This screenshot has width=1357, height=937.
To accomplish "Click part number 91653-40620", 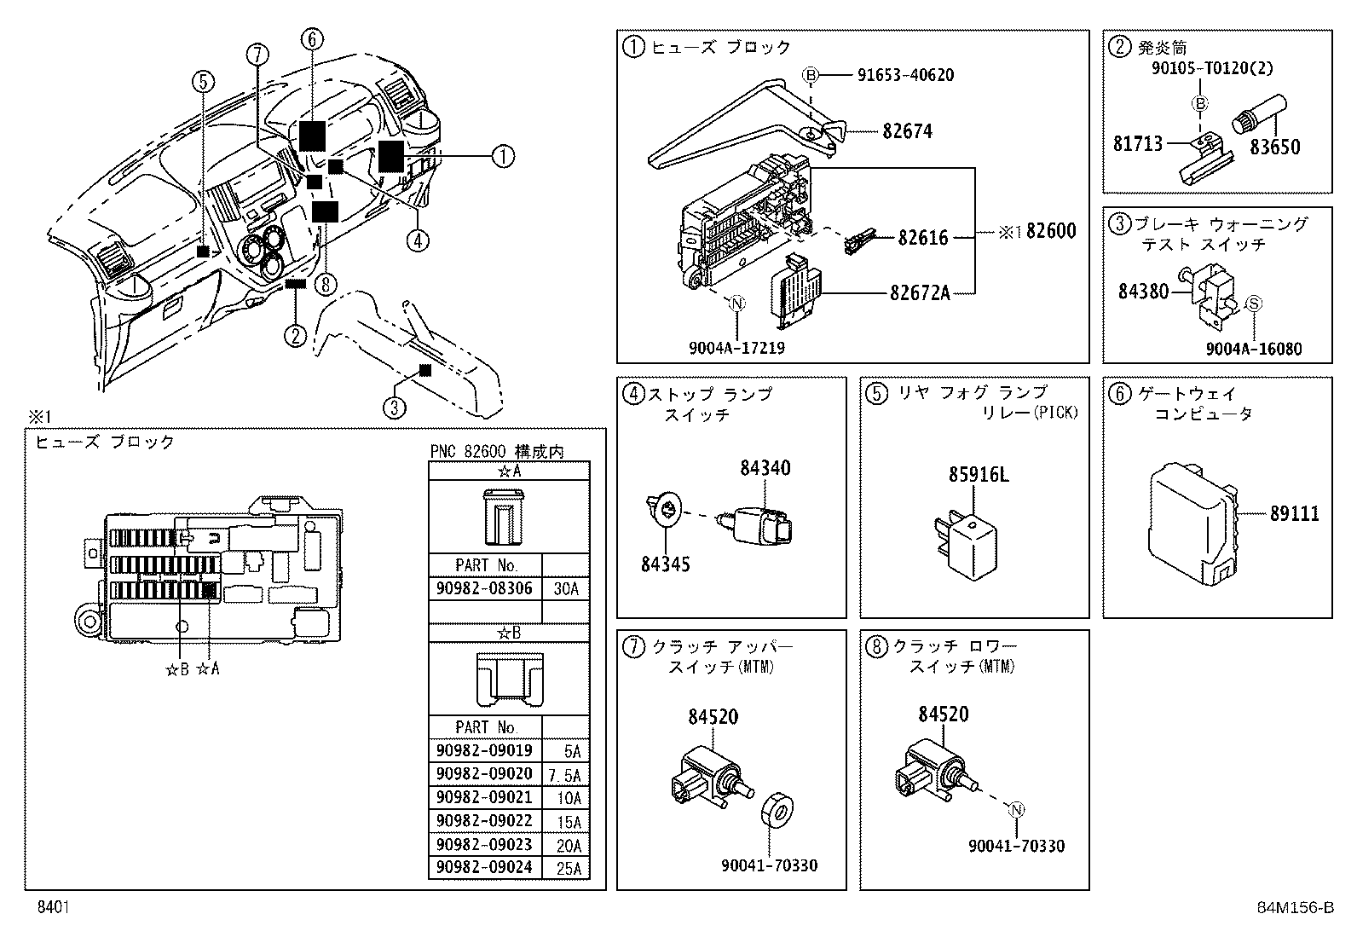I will click(x=905, y=75).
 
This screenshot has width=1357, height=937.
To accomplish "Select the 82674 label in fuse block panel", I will click(x=907, y=131).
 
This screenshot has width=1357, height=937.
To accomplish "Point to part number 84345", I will click(x=666, y=564).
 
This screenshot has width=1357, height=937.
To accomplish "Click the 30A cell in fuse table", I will click(x=566, y=588).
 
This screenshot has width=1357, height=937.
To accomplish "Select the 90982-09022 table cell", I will click(x=483, y=821).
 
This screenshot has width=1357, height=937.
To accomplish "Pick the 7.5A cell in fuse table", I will click(x=566, y=775).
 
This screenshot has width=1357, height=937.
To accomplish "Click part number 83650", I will click(x=1275, y=147).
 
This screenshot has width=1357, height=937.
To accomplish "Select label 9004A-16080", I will click(x=1253, y=349).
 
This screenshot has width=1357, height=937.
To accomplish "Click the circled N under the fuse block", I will click(x=737, y=304).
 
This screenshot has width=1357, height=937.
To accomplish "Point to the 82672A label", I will click(x=919, y=293).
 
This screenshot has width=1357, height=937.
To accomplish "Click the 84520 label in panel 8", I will click(x=944, y=714).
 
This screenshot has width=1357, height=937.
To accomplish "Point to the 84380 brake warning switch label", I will click(x=1143, y=292).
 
